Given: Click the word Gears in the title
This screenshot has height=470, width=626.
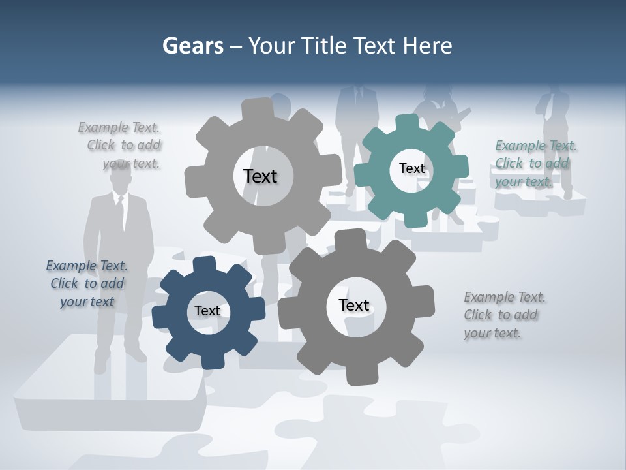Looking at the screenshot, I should (192, 46).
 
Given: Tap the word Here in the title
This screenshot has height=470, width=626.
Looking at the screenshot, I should (427, 46).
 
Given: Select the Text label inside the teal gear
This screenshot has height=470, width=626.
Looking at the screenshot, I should (411, 168).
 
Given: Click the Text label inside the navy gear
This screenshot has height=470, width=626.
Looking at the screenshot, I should (207, 311).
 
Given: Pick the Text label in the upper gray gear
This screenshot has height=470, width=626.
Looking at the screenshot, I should (260, 176).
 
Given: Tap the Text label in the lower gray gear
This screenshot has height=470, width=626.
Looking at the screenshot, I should (354, 305).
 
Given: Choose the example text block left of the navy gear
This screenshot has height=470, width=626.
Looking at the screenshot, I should (87, 283).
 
